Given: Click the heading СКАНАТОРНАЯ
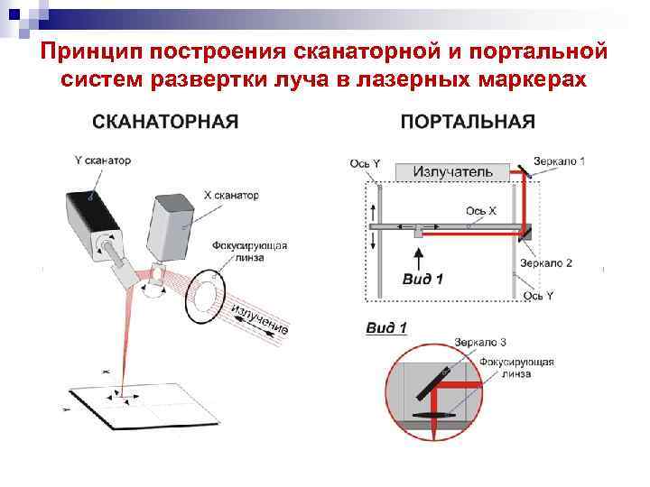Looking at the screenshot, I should point(165,122).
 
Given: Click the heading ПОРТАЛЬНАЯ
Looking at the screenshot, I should point(468,122).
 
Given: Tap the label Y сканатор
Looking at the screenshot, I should point(102,161).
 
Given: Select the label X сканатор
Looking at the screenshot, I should point(231,195).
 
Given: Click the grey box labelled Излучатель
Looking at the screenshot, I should point(453,171).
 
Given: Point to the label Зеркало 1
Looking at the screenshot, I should point(559,161).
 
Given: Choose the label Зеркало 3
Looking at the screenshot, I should point(480,343).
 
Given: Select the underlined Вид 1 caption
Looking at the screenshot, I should point(386,328).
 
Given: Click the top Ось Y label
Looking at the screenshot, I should point(365,164).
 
